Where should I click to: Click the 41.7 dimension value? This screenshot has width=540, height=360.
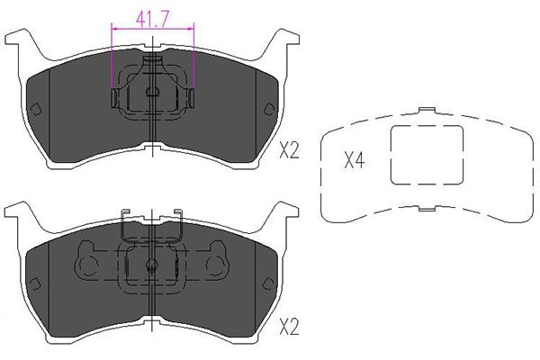click(x=152, y=16)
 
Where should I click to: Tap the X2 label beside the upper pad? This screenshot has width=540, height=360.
click(x=288, y=151)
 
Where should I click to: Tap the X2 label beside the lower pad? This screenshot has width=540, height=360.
click(x=288, y=325)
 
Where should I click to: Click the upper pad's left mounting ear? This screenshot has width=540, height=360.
click(x=16, y=43)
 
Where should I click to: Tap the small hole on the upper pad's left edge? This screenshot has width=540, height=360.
click(x=36, y=110)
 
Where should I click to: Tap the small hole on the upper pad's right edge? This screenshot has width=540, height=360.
click(x=268, y=110)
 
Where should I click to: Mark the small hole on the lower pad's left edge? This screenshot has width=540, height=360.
click(x=36, y=283)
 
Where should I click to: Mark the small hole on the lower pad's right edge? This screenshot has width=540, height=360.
click(x=268, y=283)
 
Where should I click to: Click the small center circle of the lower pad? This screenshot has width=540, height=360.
click(x=152, y=265)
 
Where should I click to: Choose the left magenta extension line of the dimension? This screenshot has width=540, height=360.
click(x=111, y=63)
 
